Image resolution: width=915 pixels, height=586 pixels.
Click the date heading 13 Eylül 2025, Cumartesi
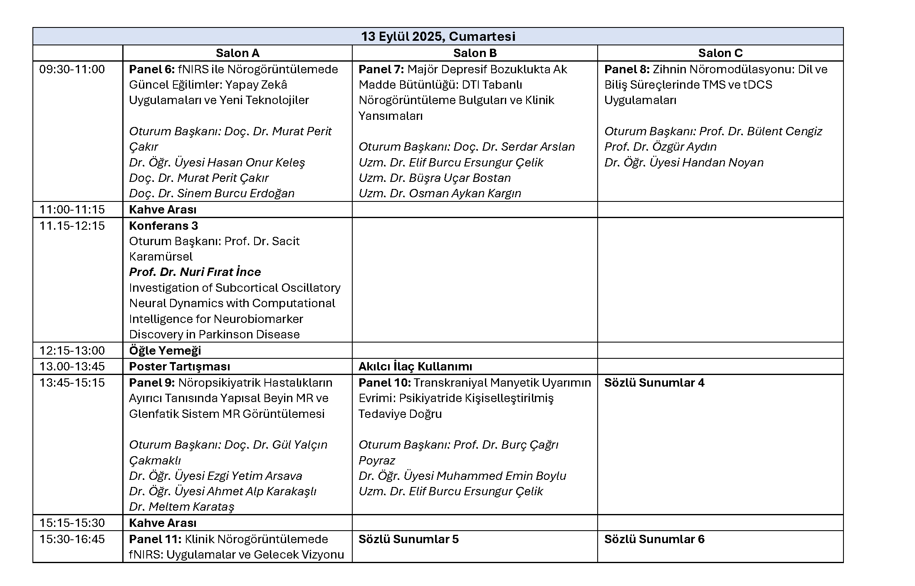(438, 37)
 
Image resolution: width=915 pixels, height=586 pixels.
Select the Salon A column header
(237, 53)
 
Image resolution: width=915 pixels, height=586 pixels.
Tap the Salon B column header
(475, 53)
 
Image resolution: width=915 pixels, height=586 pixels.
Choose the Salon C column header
(720, 53)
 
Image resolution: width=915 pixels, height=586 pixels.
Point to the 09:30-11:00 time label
(72, 70)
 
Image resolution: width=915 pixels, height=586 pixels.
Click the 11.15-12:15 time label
(72, 226)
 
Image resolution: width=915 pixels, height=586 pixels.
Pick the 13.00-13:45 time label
(72, 367)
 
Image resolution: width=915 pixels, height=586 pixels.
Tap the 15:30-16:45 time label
(72, 539)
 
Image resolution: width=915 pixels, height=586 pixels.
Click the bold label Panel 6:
(152, 70)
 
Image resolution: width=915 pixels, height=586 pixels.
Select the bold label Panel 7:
(381, 70)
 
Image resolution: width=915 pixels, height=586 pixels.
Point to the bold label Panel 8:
(627, 70)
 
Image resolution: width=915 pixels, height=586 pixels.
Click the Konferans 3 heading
(163, 226)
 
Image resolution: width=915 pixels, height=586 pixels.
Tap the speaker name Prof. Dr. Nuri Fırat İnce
(195, 272)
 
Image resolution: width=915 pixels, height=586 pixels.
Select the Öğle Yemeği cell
(165, 351)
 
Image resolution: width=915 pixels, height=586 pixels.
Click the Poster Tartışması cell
(180, 367)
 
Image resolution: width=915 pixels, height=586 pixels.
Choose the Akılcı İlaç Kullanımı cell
(415, 367)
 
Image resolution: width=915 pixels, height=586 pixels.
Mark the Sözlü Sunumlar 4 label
(654, 383)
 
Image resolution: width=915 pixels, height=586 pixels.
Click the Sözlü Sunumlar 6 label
(654, 539)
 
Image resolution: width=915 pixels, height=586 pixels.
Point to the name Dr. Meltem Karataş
(182, 507)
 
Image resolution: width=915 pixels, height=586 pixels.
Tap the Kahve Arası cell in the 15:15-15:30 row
(163, 523)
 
